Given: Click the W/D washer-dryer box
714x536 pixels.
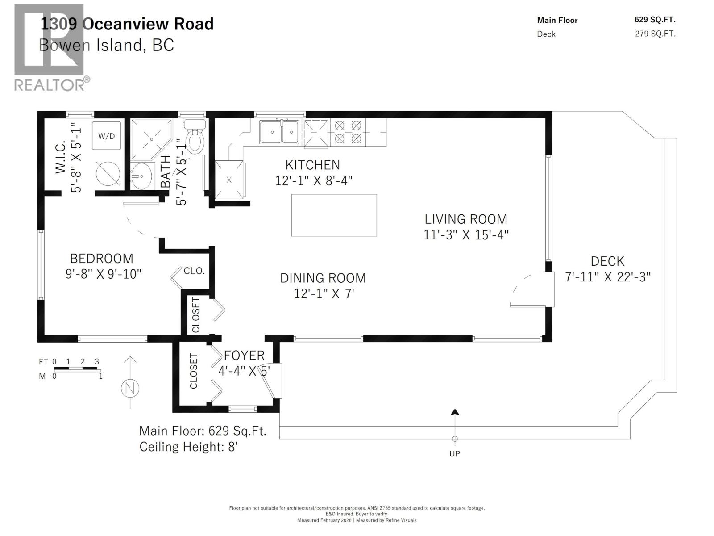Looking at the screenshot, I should [106, 136].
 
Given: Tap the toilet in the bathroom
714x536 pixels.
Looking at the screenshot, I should [195, 139].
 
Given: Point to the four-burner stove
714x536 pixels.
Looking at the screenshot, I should [348, 132].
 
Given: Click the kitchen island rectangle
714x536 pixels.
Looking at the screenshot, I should [334, 215].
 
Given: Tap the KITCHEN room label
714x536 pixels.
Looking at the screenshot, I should [312, 165].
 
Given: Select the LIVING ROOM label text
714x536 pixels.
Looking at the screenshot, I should [465, 219].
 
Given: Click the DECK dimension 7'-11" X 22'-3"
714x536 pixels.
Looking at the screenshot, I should [607, 277].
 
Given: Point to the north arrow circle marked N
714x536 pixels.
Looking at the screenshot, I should [130, 388].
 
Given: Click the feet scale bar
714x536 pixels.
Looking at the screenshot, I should [77, 369].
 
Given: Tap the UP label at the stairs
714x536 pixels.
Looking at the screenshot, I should [454, 454].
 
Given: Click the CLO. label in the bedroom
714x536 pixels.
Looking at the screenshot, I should [194, 271].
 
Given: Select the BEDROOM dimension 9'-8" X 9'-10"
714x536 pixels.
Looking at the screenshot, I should [103, 274].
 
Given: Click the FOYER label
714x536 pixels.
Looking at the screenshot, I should [244, 356].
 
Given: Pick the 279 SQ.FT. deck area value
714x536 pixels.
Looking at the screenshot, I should [655, 34].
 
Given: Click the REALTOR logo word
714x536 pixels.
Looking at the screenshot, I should [49, 84].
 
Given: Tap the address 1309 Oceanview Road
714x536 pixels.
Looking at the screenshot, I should [127, 24].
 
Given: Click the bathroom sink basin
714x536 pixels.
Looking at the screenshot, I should [141, 176].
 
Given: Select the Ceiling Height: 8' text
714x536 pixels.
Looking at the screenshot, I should [188, 447].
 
